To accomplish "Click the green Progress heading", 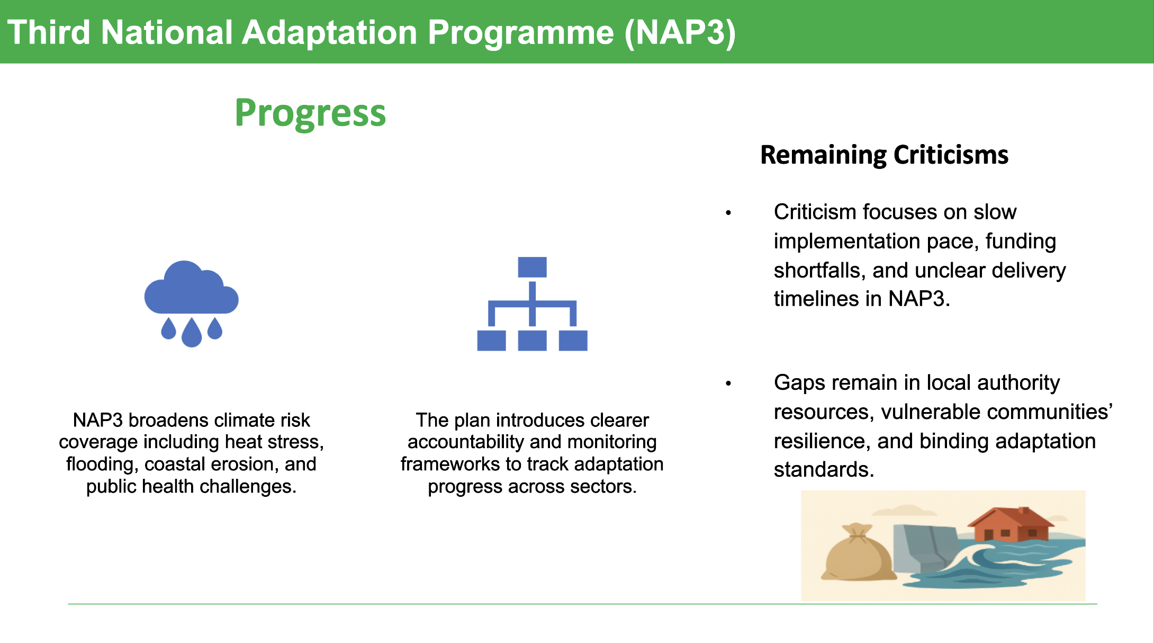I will coord(310,113).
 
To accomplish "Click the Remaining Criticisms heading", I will coord(884,155).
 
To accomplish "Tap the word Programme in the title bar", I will coord(521,33).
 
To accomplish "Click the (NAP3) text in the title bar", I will coord(680,33).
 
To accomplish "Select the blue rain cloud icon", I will coord(191,289).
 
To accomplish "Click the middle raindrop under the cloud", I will coord(192,333).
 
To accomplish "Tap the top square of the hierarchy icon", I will coord(532,267).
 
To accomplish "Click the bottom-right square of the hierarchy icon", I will coord(573,340).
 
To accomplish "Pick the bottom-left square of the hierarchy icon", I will coord(491,340).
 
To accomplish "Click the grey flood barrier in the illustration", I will coord(924,546).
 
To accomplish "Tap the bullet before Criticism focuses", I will coord(728,213).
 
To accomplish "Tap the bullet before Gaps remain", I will coord(728,383).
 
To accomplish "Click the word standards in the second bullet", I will coord(823,470).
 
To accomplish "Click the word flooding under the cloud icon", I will coord(102,465).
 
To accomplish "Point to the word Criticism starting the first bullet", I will coord(815,212).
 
